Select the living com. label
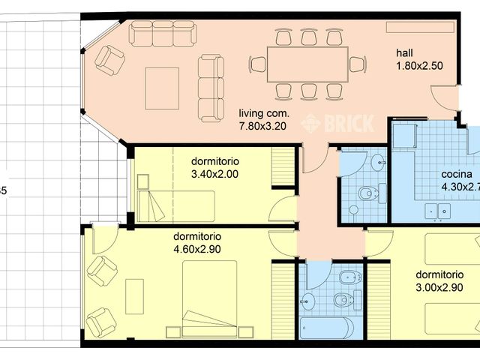pos(262,113)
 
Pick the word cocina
pos(457,174)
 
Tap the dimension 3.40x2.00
pos(214,175)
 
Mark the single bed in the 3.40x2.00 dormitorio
pos(177,204)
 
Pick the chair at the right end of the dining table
pos(357,64)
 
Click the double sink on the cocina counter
pos(439,210)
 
